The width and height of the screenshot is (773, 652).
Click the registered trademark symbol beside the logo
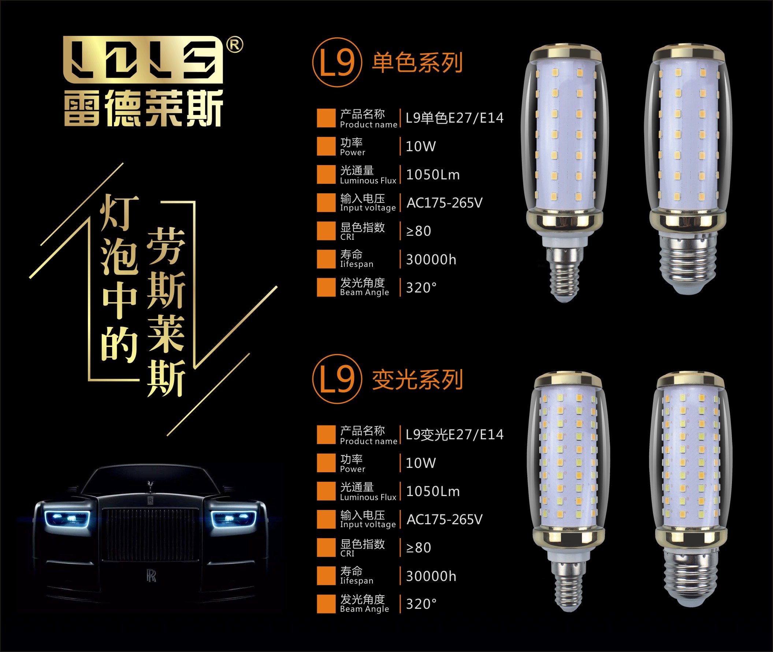(x=234, y=45)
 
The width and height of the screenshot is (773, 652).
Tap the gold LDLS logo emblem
(x=143, y=60)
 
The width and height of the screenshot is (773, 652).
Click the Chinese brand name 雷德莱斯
(x=144, y=108)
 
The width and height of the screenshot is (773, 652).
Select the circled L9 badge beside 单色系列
(x=337, y=63)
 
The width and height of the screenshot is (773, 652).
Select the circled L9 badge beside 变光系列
(x=337, y=379)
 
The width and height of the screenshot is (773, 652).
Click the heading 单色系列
(x=417, y=63)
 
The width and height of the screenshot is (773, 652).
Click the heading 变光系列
(x=417, y=380)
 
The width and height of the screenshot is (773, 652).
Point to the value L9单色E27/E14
(x=454, y=118)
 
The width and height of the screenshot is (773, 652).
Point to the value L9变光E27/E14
(x=454, y=435)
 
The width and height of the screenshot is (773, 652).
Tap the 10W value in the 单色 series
(x=421, y=146)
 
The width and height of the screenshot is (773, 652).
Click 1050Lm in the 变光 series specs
(x=433, y=491)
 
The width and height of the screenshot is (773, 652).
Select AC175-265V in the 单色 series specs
(x=444, y=202)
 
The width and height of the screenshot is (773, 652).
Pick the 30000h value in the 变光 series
(x=431, y=576)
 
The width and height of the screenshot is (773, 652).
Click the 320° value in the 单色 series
(x=421, y=287)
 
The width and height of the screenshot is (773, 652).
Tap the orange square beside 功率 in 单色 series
(x=326, y=146)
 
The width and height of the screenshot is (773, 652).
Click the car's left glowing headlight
(x=67, y=519)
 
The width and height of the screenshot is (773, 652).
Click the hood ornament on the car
(x=150, y=487)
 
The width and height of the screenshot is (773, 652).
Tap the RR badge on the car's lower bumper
(x=151, y=576)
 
